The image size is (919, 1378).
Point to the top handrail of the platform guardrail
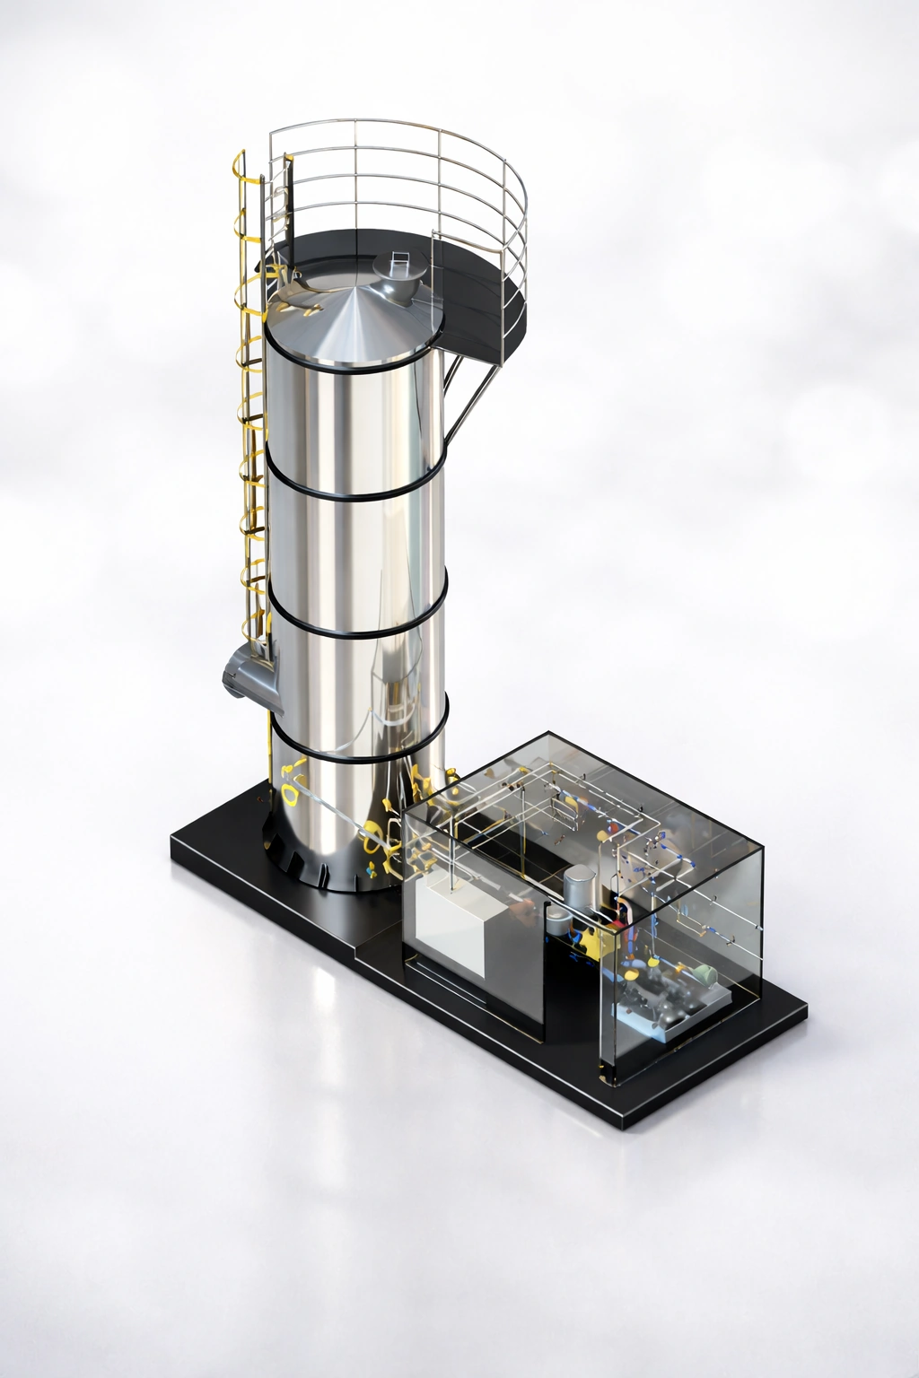[404, 123]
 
